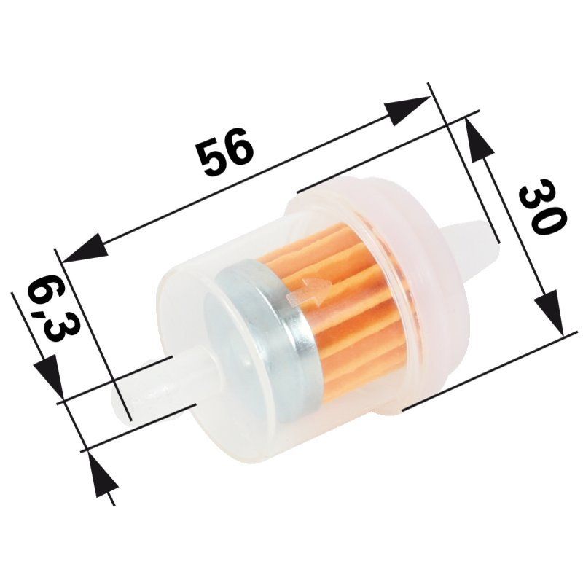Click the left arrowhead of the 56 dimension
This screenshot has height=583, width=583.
click(x=84, y=249)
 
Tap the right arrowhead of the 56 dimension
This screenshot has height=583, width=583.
click(x=407, y=111)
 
